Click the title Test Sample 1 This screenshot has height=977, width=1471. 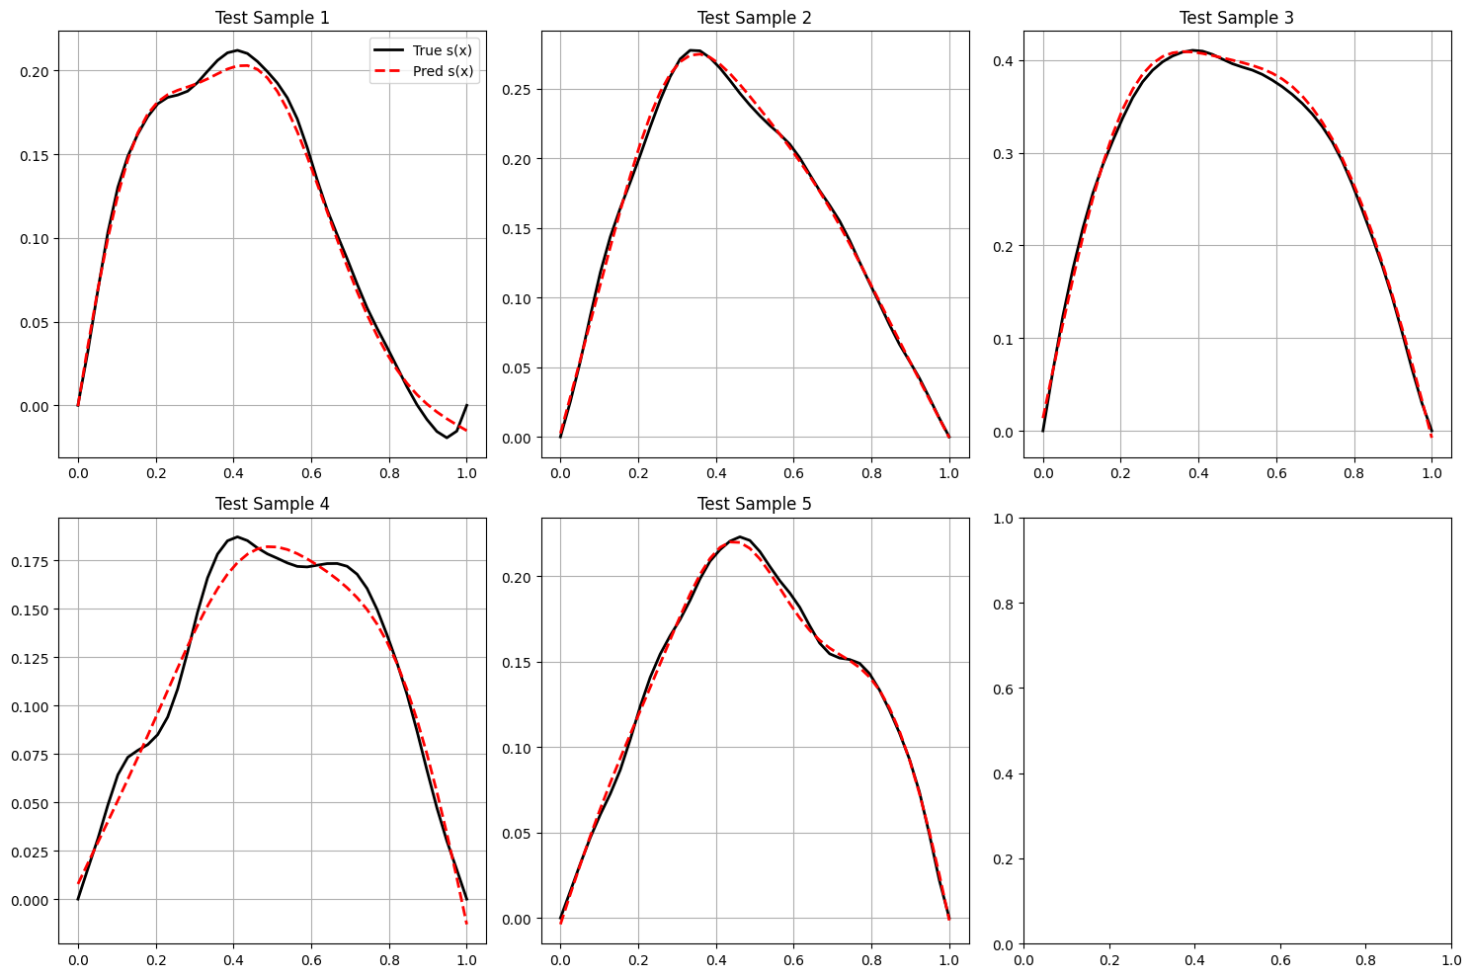coord(272,18)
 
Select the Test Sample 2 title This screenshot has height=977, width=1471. coord(755,18)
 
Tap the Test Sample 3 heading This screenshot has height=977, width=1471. coord(1237,18)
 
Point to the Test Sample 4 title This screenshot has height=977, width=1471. coord(272,504)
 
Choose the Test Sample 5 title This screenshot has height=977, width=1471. coord(755,504)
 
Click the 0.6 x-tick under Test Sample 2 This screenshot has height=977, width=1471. coord(793,473)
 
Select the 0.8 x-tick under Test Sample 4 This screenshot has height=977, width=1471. coord(388,959)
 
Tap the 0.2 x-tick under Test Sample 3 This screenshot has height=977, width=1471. coord(1120,473)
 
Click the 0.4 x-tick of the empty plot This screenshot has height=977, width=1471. coord(1194,959)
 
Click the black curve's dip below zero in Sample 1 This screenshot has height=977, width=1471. coord(447,437)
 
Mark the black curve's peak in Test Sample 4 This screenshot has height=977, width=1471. coord(237,537)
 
